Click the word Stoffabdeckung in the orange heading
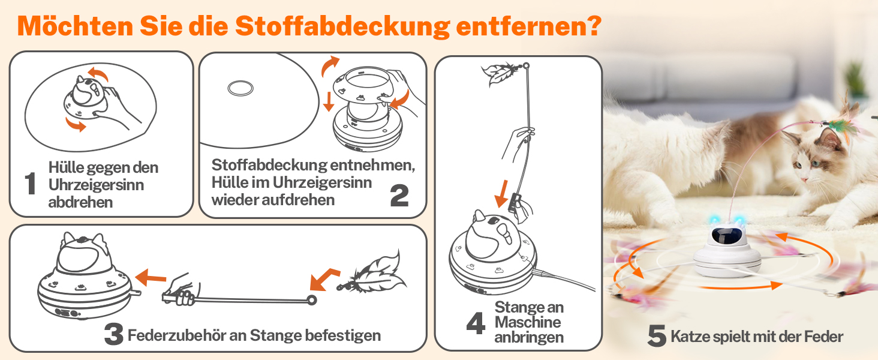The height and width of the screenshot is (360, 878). coord(342,26)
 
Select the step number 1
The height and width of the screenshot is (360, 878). coord(30,183)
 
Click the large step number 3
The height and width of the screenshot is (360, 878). coord(114,334)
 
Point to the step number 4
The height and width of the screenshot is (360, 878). coord(476,323)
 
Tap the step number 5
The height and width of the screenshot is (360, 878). coord(657,335)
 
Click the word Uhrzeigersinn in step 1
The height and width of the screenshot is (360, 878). coord(96,185)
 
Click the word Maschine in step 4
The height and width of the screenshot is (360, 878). coord(528,322)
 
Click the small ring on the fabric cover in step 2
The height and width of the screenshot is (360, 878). coord(240,88)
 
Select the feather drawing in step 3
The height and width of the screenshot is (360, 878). coord(372,274)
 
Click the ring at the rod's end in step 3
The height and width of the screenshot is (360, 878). coord(312,301)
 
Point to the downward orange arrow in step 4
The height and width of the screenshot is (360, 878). coord(502,194)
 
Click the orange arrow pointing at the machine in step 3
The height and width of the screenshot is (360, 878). coord(151,277)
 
